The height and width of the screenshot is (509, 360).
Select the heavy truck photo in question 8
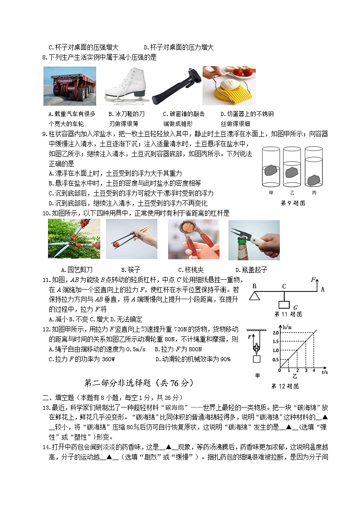click(x=70, y=86)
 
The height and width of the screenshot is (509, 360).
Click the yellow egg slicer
click(x=229, y=86)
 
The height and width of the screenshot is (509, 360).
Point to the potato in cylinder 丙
click(x=313, y=180)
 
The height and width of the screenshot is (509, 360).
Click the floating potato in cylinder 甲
click(x=270, y=170)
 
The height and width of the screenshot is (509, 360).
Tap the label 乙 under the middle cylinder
click(x=292, y=193)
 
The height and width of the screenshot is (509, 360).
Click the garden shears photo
click(x=74, y=239)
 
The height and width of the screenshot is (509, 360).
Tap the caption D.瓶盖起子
click(x=248, y=270)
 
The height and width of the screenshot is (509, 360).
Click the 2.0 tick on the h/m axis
click(x=276, y=333)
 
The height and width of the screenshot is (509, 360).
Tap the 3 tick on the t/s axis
click(x=305, y=371)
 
